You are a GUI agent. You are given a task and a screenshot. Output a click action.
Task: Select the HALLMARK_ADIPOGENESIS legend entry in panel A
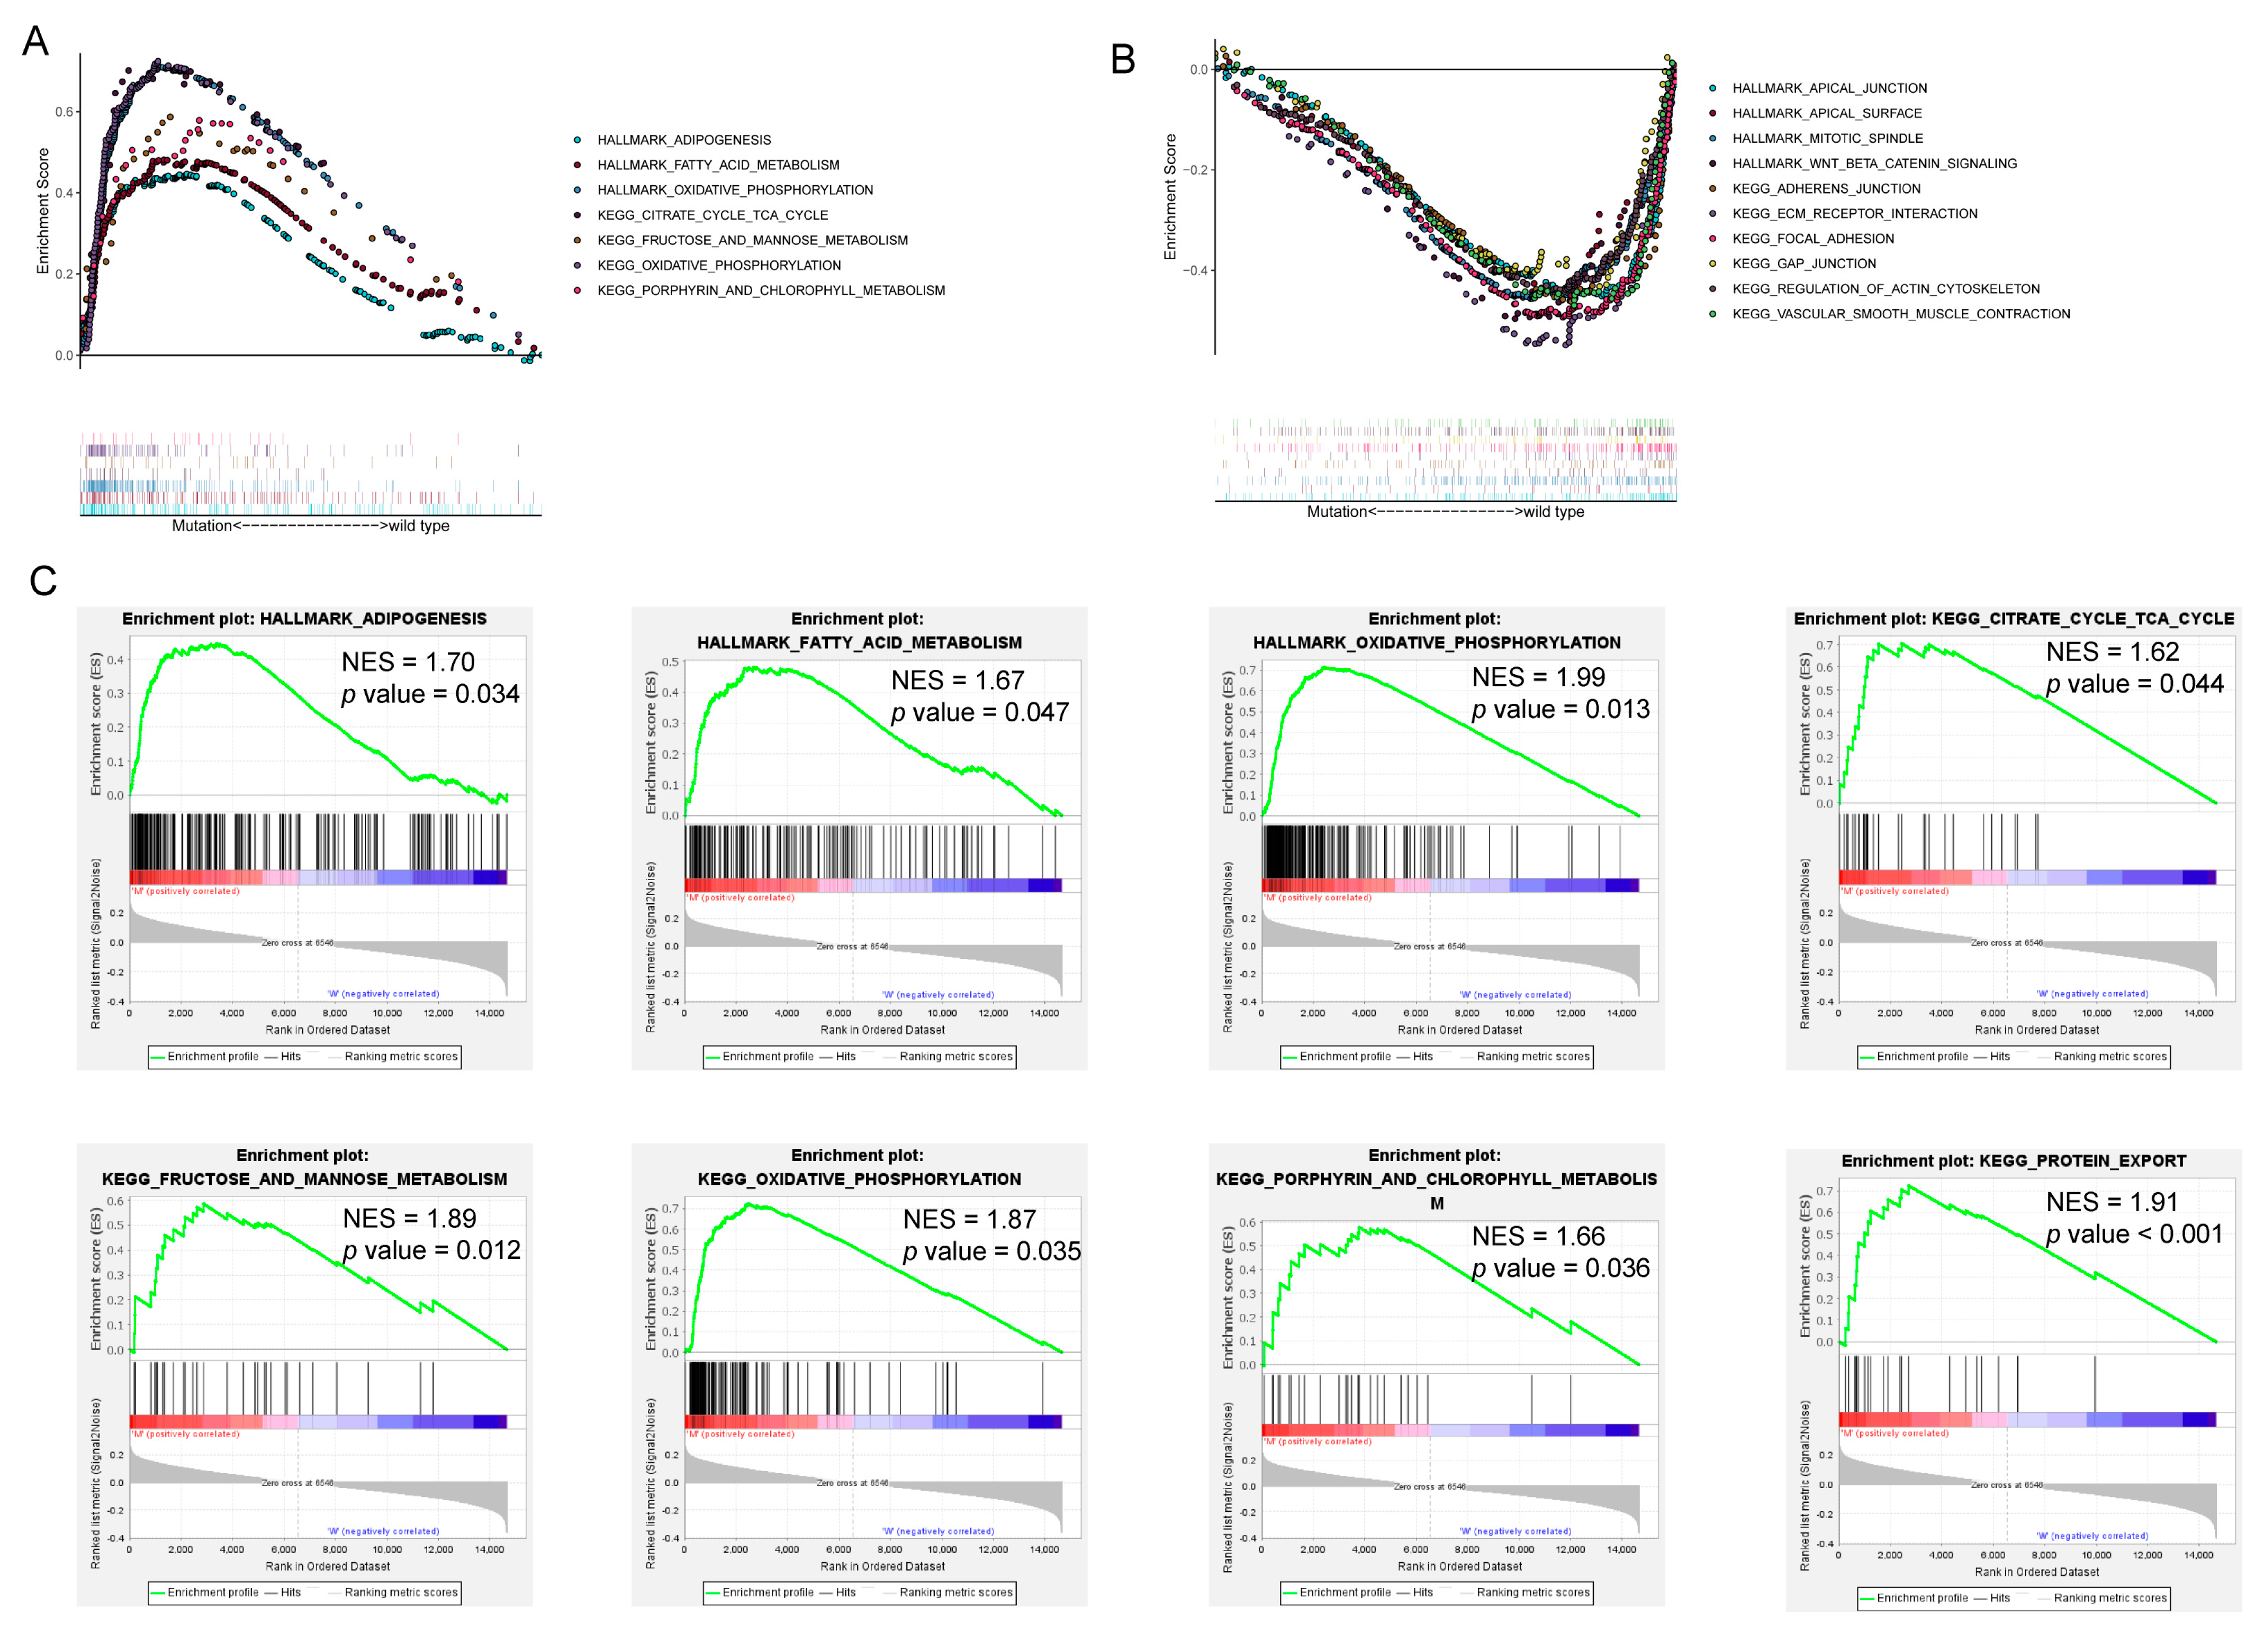pyautogui.click(x=684, y=140)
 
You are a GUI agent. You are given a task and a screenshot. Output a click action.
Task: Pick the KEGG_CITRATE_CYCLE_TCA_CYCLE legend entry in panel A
pyautogui.click(x=712, y=215)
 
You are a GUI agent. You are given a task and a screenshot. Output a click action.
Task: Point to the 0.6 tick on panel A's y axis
pyautogui.click(x=64, y=112)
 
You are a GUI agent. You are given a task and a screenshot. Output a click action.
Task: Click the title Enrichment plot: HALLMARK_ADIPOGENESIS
pyautogui.click(x=304, y=619)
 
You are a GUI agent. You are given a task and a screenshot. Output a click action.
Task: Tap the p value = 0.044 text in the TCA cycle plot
pyautogui.click(x=2134, y=684)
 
